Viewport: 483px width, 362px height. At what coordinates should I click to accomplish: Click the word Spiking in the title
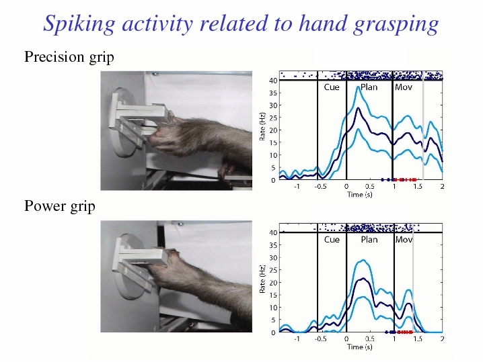[79, 24]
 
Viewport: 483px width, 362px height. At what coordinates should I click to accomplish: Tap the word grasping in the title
[396, 24]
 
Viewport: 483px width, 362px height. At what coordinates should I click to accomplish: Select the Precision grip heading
[69, 57]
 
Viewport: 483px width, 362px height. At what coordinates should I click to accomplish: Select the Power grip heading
[60, 206]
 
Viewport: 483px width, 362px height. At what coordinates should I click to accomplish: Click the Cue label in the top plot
[332, 87]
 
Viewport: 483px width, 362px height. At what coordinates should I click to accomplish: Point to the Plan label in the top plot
[369, 87]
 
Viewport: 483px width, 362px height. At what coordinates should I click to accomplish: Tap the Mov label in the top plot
[403, 87]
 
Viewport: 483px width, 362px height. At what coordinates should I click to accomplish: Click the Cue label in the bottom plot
[332, 240]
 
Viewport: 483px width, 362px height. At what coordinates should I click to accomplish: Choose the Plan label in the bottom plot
[369, 240]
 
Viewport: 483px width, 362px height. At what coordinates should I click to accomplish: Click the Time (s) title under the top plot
[359, 194]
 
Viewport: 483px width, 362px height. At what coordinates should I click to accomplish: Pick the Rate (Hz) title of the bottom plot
[262, 279]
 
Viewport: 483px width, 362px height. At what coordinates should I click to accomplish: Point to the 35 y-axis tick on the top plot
[273, 93]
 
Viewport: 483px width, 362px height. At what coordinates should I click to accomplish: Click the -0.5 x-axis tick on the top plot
[320, 187]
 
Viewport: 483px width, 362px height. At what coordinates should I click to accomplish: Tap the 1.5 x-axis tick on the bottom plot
[418, 338]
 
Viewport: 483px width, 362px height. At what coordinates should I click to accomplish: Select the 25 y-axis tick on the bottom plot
[273, 270]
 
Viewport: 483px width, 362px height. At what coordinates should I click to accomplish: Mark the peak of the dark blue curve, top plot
[358, 108]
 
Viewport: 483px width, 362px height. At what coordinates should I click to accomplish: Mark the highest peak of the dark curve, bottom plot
[363, 279]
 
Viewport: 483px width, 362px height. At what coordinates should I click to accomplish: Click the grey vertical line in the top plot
[423, 126]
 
